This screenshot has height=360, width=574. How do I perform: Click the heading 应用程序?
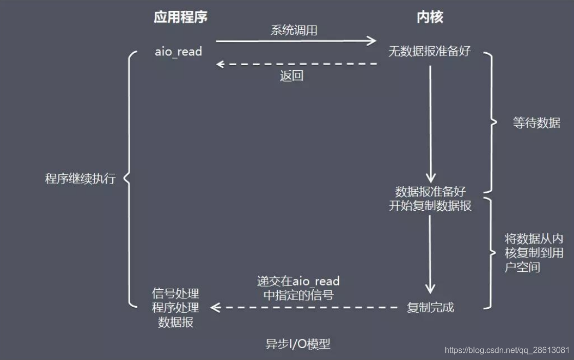tap(180, 17)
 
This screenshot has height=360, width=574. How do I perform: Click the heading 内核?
tap(429, 17)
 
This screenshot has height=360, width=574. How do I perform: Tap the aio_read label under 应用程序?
tap(178, 51)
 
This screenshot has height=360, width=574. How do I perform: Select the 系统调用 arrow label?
tap(294, 30)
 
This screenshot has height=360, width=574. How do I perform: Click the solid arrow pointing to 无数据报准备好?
tap(296, 41)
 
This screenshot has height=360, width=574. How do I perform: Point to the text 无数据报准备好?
tap(429, 51)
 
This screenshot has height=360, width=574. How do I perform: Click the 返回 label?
tap(292, 76)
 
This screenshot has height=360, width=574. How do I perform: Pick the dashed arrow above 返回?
tap(296, 64)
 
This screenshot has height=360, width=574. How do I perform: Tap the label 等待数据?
tap(536, 123)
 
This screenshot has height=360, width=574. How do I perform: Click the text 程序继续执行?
tap(80, 179)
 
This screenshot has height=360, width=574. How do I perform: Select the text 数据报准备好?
tap(430, 192)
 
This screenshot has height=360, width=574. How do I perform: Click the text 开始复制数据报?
tap(430, 206)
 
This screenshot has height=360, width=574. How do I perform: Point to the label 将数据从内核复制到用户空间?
tap(533, 253)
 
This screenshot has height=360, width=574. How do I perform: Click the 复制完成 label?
tap(430, 308)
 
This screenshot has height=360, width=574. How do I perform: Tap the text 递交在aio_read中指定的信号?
tap(298, 288)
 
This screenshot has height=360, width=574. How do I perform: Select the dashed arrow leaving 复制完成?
tap(304, 308)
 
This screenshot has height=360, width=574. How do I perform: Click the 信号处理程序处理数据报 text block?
tap(175, 308)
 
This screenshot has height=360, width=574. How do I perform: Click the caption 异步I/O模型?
tap(298, 344)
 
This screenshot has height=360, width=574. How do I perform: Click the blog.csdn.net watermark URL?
tap(507, 350)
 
